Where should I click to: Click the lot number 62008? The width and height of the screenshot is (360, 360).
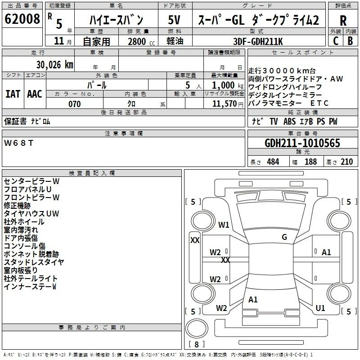click(22, 19)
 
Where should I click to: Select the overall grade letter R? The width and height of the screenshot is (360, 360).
click(343, 21)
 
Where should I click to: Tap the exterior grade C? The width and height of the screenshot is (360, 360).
click(336, 41)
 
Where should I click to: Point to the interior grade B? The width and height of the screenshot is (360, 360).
click(350, 41)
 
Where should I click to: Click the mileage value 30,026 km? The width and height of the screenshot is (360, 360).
click(54, 65)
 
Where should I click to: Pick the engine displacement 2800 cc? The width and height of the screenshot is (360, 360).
click(141, 41)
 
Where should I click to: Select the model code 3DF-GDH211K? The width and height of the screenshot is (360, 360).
click(258, 41)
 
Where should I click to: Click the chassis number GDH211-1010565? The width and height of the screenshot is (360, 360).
click(302, 143)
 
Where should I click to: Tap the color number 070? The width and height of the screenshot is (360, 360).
click(74, 104)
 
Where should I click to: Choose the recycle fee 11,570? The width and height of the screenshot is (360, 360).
click(224, 104)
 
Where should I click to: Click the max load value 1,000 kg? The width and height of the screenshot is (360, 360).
click(227, 85)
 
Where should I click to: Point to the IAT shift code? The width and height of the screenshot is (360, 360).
click(13, 94)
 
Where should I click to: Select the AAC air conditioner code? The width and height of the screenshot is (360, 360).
click(35, 94)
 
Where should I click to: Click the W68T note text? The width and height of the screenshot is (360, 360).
click(18, 143)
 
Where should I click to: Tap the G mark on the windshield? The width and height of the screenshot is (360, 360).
click(284, 237)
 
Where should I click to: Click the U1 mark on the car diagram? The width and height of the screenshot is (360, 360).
click(320, 308)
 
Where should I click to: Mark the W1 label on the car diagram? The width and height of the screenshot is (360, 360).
click(224, 225)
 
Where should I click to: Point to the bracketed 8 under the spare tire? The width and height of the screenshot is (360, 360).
click(197, 344)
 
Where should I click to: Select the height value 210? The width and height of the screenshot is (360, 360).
click(346, 162)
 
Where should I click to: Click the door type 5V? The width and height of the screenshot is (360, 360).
click(174, 20)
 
